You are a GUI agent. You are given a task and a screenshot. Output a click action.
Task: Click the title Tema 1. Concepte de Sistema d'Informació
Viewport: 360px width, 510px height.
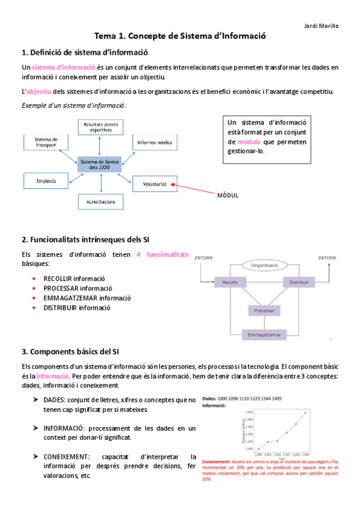[x=180, y=37]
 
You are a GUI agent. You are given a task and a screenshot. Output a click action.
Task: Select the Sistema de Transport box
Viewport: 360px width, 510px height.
[x=46, y=143]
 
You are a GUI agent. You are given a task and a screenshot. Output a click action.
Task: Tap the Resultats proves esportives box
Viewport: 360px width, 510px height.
[x=101, y=126]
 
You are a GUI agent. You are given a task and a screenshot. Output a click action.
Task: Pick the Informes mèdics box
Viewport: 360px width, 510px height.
[x=155, y=143]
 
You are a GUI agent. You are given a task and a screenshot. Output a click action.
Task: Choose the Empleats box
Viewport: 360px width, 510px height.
[x=46, y=180]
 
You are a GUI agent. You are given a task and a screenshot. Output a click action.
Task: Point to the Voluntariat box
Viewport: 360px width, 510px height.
[x=154, y=183]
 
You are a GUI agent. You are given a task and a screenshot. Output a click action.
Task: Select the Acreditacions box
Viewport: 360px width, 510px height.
[x=101, y=201]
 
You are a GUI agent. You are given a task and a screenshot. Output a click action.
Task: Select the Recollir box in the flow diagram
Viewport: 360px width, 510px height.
[x=230, y=282]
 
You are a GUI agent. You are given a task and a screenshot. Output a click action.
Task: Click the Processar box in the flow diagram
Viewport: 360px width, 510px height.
[x=264, y=311]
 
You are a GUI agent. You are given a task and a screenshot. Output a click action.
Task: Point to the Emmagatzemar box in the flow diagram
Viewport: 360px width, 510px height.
[x=264, y=334]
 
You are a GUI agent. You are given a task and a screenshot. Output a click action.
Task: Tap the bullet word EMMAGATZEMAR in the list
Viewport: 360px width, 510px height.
[x=70, y=298]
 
